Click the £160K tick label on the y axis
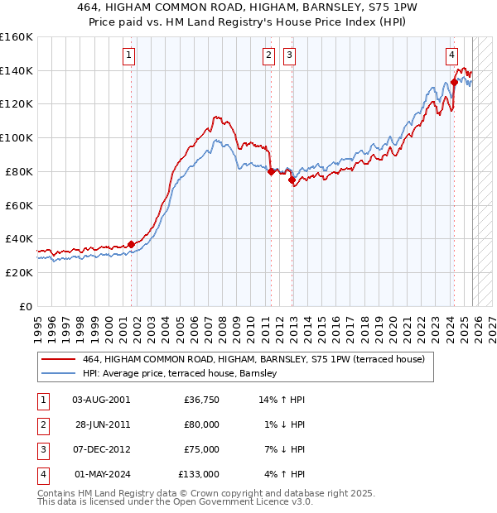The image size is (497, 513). point(17,37)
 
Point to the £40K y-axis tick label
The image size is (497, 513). point(19,239)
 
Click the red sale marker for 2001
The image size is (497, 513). point(131,244)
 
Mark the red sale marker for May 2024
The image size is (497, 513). point(454,82)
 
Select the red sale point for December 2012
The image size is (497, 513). point(292,180)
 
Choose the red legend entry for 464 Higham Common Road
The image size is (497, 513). point(253,359)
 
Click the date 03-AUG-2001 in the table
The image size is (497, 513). point(101,400)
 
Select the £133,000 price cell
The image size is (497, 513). point(199,474)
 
